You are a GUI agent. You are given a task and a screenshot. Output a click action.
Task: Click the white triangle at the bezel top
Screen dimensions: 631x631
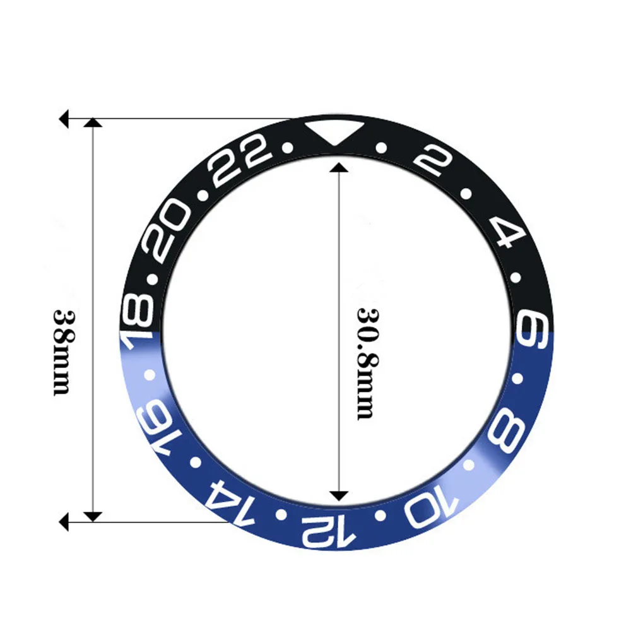331,131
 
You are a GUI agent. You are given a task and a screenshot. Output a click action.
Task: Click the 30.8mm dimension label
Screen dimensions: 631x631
367,363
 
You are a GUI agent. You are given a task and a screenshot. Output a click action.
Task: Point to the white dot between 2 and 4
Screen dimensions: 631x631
466,193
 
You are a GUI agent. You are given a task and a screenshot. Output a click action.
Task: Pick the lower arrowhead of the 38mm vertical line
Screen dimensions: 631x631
93,517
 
